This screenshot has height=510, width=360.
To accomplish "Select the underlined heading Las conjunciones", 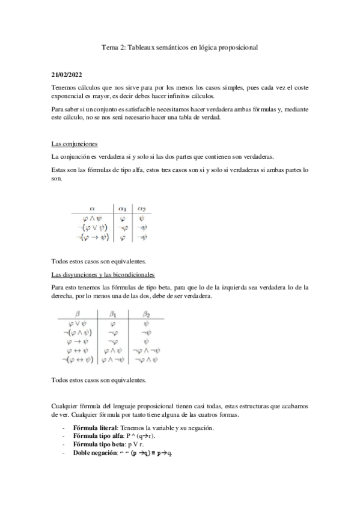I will (72, 145).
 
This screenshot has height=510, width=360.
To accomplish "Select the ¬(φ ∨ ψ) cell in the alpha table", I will (91, 229).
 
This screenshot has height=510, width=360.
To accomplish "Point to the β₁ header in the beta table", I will (114, 313).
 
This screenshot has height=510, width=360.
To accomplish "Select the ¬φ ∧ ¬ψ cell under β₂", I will (146, 351).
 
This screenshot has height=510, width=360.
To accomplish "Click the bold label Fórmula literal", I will (91, 428).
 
